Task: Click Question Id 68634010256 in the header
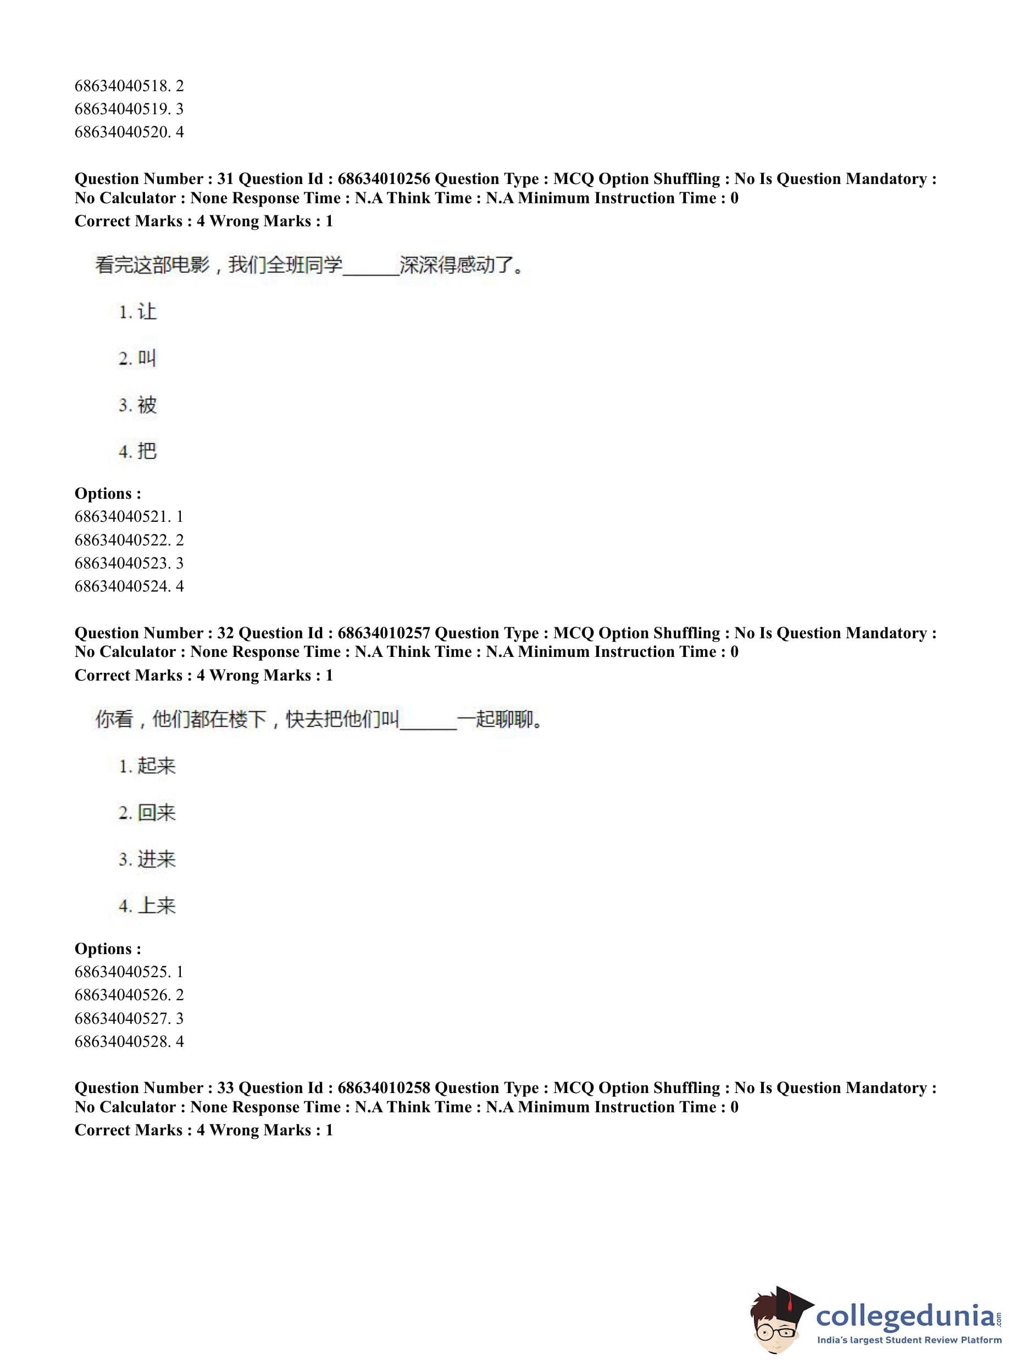[384, 179]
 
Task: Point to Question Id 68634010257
[384, 633]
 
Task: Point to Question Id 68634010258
[384, 1088]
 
